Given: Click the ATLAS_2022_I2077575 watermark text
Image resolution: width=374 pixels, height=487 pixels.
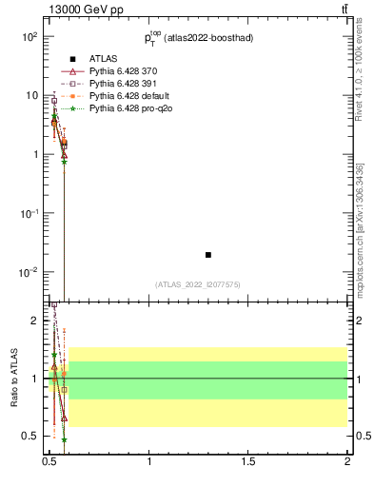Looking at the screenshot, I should (198, 284).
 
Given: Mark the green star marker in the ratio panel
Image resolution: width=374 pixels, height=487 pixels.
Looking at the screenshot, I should (64, 439).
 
